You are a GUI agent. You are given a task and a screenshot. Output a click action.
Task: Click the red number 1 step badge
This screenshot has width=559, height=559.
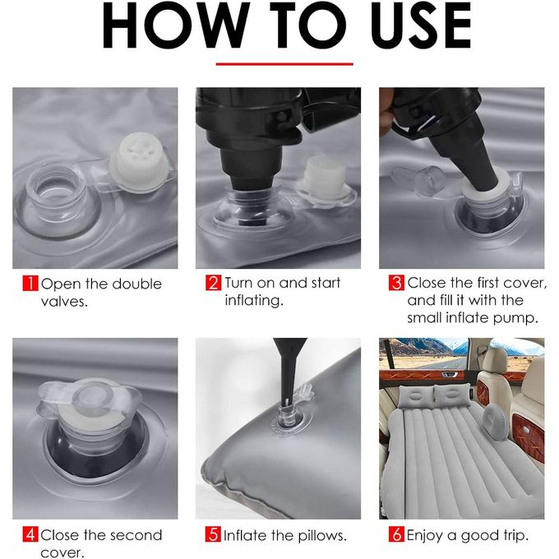point(30,284)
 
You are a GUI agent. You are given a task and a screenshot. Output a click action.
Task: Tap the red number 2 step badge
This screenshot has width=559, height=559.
point(213,283)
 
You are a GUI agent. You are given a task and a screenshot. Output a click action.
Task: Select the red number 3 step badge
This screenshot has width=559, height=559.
point(396,283)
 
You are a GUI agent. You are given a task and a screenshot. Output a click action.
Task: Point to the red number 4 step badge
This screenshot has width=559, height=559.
point(30,534)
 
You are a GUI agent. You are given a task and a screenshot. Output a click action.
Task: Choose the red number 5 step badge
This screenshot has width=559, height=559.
point(213,534)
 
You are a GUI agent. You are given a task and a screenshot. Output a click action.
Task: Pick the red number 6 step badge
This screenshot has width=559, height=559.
point(396,534)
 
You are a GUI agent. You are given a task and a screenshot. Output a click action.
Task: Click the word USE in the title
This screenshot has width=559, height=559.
point(421,25)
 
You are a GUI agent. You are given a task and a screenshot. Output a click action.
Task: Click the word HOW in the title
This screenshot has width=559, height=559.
point(174,25)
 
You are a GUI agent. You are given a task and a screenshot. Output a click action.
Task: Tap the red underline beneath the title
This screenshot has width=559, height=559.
point(284,64)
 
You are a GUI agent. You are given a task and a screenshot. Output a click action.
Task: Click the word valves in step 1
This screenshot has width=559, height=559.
point(63,302)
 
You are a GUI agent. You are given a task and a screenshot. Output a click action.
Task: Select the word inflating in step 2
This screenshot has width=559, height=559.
point(253,301)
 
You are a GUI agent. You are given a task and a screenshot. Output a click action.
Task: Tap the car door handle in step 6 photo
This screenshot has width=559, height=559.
point(450,374)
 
